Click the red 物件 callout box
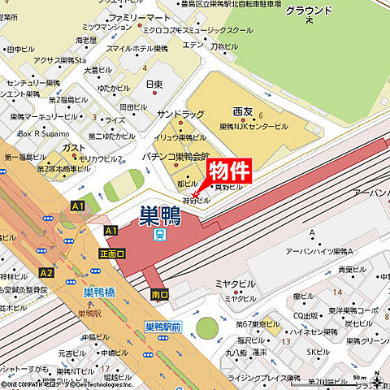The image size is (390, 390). tap(229, 170)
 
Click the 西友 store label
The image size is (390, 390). tap(243, 110)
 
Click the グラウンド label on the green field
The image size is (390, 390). tap(309, 11)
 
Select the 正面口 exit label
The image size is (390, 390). tap(112, 253)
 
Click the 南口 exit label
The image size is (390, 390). tap(159, 294)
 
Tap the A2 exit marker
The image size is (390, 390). tap(46, 273)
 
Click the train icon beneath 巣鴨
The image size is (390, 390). tap(160, 235)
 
